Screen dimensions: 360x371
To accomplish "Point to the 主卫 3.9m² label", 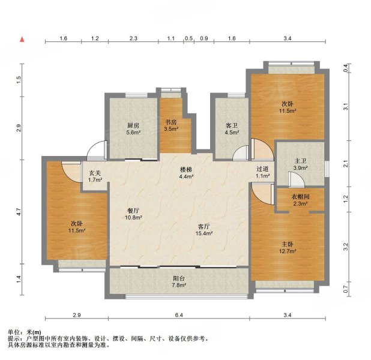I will pyautogui.click(x=300, y=164).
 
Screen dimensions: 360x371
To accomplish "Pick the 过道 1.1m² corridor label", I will pyautogui.click(x=262, y=173).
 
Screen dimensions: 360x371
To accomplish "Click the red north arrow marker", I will pyautogui.click(x=22, y=39).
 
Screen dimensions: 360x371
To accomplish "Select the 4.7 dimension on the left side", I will pyautogui.click(x=19, y=211).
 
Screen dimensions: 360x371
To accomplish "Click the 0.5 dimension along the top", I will pyautogui.click(x=189, y=39).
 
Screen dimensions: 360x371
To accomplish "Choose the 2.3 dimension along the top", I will pyautogui.click(x=133, y=39).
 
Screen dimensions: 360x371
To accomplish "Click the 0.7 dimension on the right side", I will pyautogui.click(x=345, y=289).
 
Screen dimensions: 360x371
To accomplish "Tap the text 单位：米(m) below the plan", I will pyautogui.click(x=25, y=332).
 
